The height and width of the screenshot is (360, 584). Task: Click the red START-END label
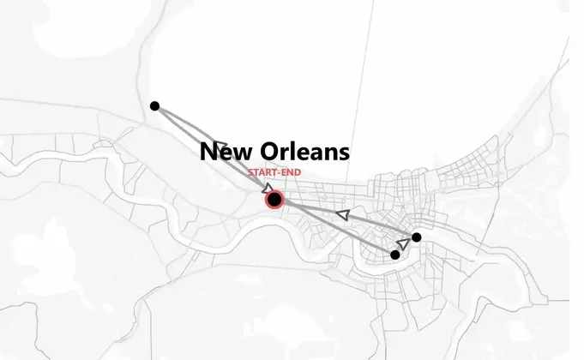point(274,172)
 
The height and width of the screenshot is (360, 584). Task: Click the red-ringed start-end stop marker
point(274,200)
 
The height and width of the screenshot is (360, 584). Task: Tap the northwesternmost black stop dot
point(154,106)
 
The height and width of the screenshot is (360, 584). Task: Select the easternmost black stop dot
point(416,237)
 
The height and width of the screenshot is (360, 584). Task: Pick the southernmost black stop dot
point(395,255)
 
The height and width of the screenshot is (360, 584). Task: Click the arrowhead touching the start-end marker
point(269,189)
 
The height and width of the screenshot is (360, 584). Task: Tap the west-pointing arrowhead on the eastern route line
point(343,215)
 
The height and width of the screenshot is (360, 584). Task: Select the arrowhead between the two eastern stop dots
point(404,244)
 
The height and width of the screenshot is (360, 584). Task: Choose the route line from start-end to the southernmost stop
point(343,231)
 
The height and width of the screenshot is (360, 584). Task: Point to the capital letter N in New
point(208,153)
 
